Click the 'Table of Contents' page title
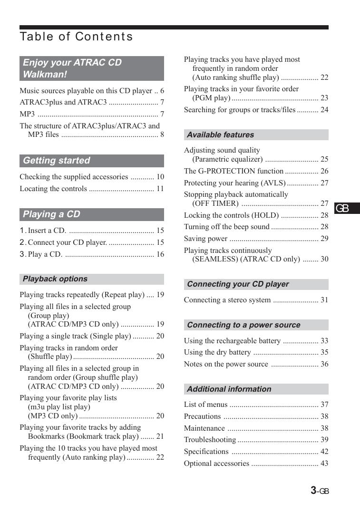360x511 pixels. [76, 37]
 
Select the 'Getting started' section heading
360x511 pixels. [56, 161]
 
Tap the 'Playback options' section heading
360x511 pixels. [55, 279]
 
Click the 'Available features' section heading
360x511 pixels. [220, 135]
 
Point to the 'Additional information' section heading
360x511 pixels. [229, 389]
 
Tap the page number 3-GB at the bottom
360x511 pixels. [320, 491]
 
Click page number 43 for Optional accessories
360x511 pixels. [324, 463]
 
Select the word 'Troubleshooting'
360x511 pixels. [210, 440]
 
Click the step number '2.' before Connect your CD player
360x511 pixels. [23, 242]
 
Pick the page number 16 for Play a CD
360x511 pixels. [160, 254]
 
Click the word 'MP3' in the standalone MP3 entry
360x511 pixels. [27, 115]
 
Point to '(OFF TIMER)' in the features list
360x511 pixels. [215, 203]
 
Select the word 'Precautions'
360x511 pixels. [202, 416]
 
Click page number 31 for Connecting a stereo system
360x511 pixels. [324, 300]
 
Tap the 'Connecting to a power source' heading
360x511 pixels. [243, 325]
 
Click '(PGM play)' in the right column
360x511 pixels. [211, 98]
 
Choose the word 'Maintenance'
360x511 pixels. [204, 428]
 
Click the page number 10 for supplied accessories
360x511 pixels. [160, 177]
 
